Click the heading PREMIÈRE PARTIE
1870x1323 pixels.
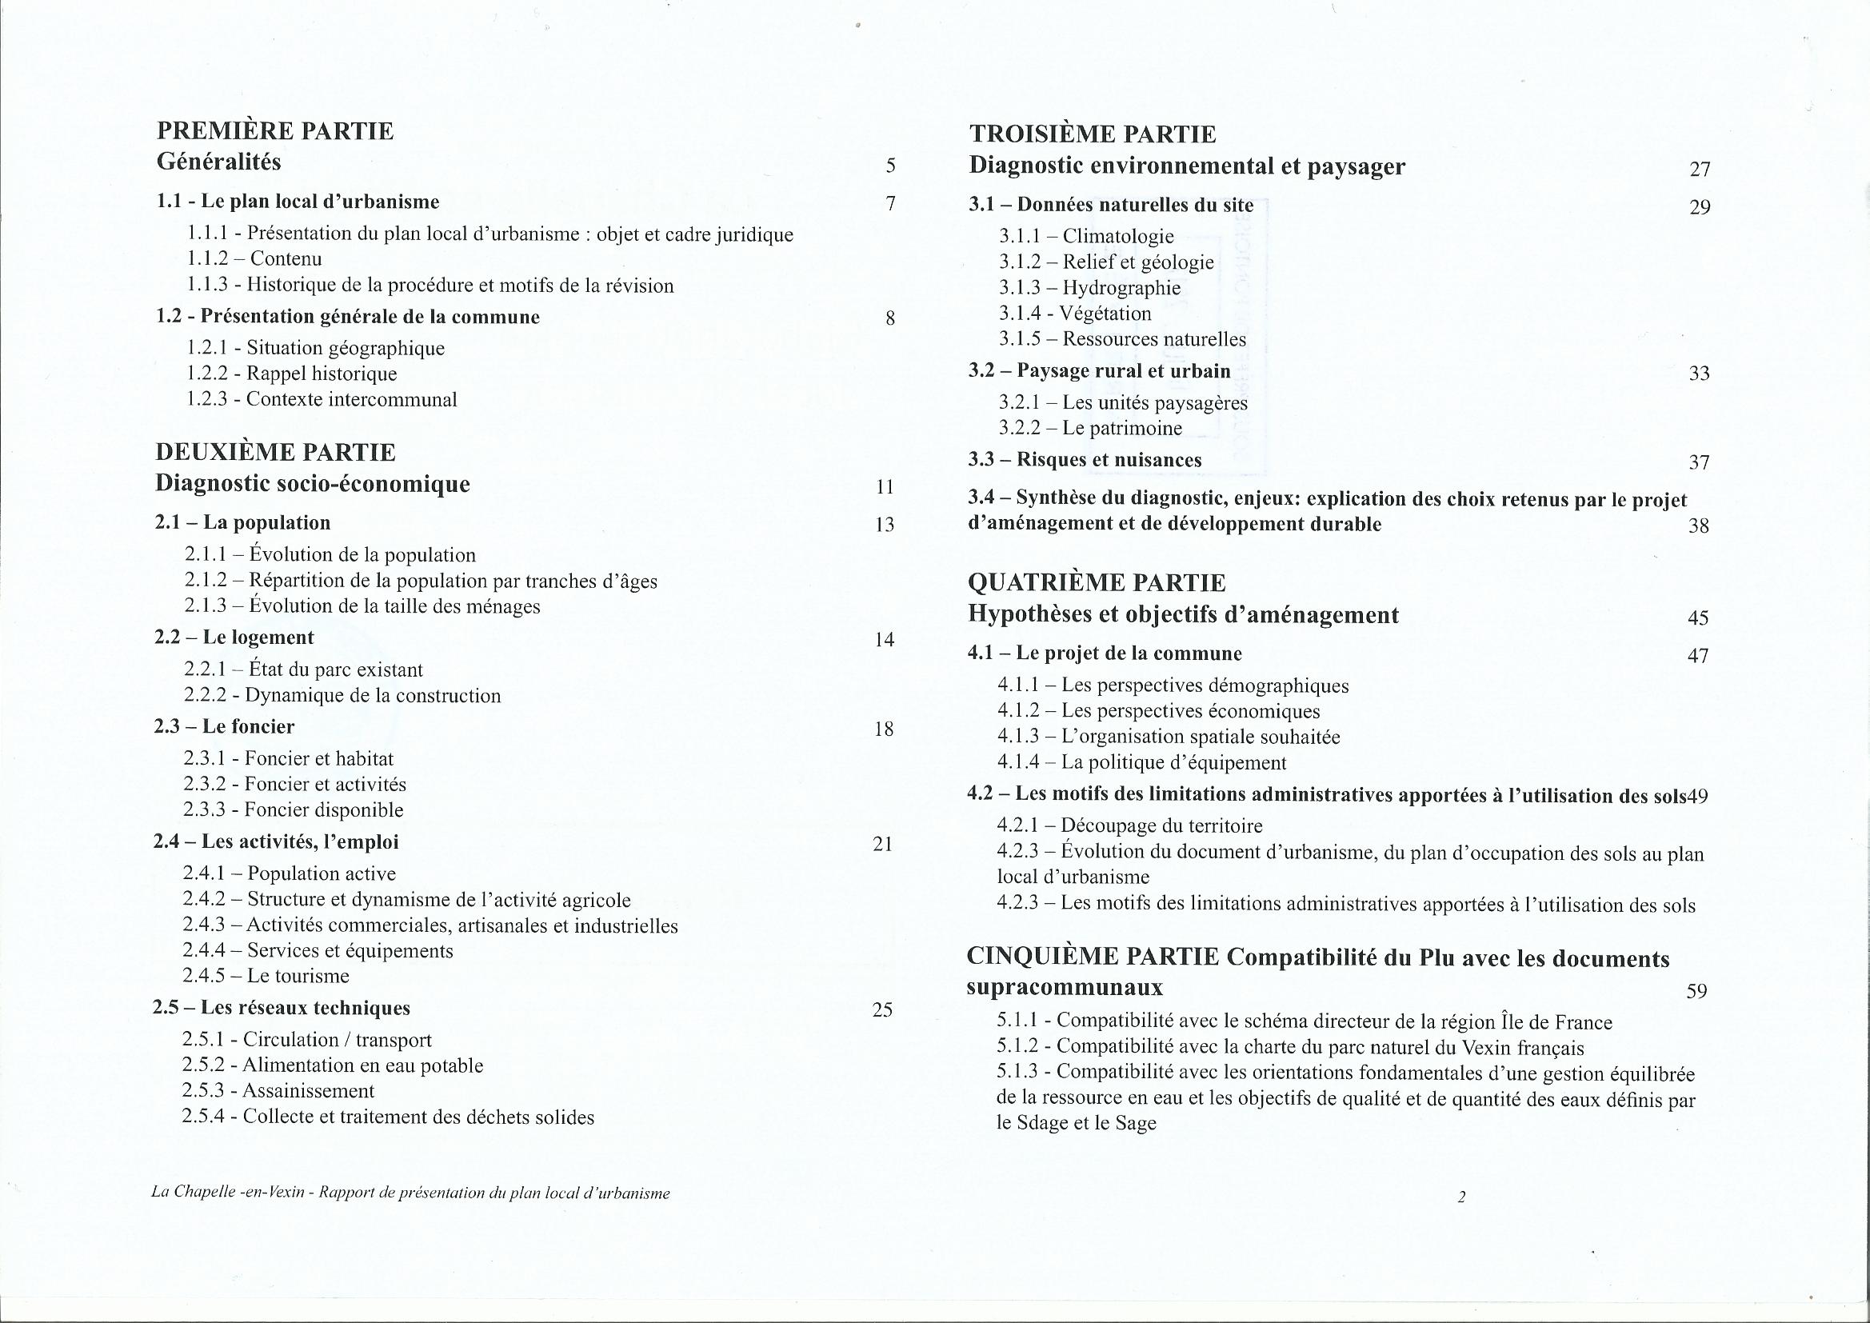tap(275, 131)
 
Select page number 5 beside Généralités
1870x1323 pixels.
tap(890, 166)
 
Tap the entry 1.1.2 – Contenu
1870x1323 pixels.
tap(254, 259)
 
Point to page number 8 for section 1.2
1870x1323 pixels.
tap(890, 318)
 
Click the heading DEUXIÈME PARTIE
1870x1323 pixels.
tap(275, 452)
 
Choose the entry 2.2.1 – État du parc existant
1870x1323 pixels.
tap(304, 669)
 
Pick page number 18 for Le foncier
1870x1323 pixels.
tap(884, 729)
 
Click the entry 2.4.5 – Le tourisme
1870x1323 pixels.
tap(266, 976)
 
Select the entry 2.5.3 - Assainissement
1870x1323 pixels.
tap(278, 1091)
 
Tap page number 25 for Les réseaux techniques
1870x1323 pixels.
tap(883, 1010)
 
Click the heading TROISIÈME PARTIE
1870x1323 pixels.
tap(1093, 134)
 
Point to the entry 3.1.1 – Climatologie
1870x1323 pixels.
tap(1086, 236)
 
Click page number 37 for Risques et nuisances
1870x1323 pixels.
tap(1698, 462)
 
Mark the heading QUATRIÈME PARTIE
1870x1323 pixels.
tap(1097, 583)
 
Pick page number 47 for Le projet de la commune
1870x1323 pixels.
tap(1697, 656)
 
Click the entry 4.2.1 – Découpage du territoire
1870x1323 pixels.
tap(1129, 826)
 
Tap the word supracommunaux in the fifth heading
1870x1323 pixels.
tap(1065, 987)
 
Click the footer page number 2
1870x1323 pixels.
tap(1461, 1197)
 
